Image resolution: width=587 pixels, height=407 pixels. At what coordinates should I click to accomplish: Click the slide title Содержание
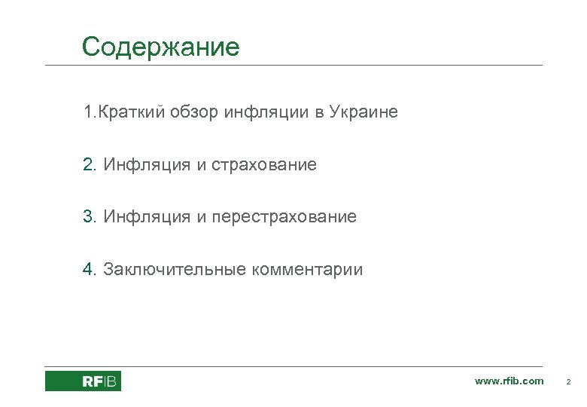[x=160, y=47]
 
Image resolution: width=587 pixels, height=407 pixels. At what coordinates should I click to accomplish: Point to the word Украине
[x=363, y=112]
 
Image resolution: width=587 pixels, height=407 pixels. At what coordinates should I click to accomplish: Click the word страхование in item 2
[x=264, y=164]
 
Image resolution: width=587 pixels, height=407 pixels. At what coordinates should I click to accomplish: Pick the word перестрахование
[x=284, y=217]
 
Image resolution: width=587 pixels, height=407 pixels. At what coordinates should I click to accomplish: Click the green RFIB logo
[x=83, y=381]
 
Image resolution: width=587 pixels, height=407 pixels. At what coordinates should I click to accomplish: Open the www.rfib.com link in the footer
[x=509, y=381]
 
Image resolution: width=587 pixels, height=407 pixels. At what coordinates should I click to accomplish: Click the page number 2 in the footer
[x=568, y=382]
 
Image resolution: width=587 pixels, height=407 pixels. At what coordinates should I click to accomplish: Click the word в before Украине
[x=319, y=112]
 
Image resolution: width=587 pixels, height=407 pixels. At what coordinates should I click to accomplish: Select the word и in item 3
[x=201, y=217]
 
